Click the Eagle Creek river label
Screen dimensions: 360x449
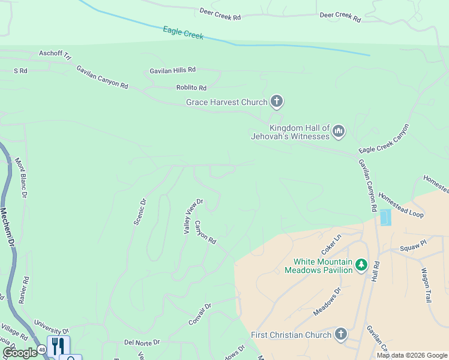[x=183, y=32]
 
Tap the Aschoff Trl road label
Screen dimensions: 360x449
[x=55, y=55]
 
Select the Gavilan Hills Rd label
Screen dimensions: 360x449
[x=173, y=71]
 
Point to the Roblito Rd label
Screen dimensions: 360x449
[x=191, y=88]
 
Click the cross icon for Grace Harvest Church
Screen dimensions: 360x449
[x=276, y=101]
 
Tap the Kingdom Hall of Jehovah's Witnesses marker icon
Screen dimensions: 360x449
[x=339, y=131]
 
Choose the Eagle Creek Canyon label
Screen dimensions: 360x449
[x=384, y=139]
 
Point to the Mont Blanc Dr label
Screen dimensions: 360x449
[x=21, y=178]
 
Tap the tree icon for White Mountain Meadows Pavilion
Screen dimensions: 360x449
[x=361, y=265]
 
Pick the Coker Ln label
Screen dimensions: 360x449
[x=330, y=244]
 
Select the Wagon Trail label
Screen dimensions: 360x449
[x=427, y=285]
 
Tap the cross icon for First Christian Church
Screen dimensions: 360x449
[x=340, y=334]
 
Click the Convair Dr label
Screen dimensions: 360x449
[x=200, y=314]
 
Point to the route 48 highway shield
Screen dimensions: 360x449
[x=41, y=349]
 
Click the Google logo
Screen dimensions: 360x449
[x=20, y=353]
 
